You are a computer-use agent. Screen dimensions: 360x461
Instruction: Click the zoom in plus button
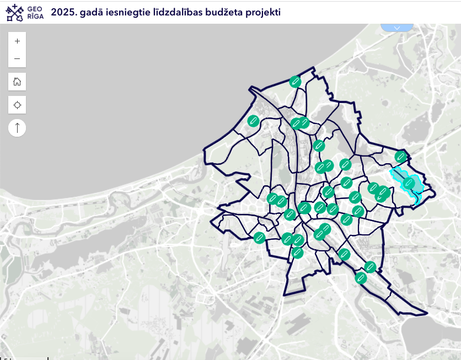click(x=17, y=41)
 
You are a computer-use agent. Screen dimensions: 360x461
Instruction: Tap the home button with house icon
click(x=17, y=82)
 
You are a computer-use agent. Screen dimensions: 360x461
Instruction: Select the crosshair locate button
click(x=17, y=105)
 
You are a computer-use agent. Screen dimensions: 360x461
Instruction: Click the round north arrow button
click(x=17, y=128)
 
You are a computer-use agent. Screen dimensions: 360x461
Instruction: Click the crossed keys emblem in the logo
click(x=15, y=12)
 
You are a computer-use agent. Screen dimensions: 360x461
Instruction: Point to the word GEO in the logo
click(x=35, y=8)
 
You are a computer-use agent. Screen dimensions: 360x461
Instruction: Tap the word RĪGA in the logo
click(x=35, y=16)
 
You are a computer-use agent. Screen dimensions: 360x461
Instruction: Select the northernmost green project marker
click(x=296, y=82)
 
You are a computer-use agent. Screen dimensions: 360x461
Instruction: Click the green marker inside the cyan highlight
click(x=409, y=182)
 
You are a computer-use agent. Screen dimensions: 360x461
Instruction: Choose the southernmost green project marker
click(x=361, y=278)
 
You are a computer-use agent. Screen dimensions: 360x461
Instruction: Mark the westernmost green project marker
click(x=254, y=121)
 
